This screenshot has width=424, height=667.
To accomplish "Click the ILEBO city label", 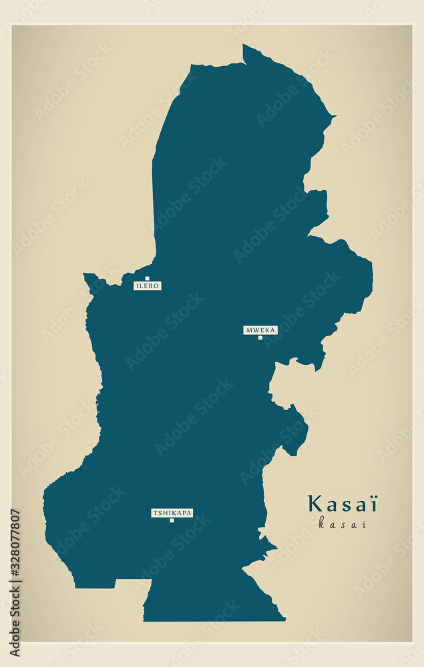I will point(148,285).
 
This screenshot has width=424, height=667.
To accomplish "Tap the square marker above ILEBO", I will point(147,278).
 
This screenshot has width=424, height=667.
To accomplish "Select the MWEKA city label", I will point(260,329).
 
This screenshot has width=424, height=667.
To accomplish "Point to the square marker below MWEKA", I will point(260,338).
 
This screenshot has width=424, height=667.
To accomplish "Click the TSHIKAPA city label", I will point(172,513).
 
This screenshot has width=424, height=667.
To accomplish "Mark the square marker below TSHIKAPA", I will point(172,520).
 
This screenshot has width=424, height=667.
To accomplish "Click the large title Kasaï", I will point(343,504).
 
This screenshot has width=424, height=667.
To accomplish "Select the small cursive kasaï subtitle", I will point(342,523).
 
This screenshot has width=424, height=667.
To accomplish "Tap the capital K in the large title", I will point(314,504).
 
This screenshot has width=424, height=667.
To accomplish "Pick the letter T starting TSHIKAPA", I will point(154,513).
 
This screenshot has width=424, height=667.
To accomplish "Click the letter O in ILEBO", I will point(157,285).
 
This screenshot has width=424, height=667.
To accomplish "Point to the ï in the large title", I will point(373,504).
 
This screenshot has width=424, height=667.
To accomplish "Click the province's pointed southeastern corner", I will point(285,620).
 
